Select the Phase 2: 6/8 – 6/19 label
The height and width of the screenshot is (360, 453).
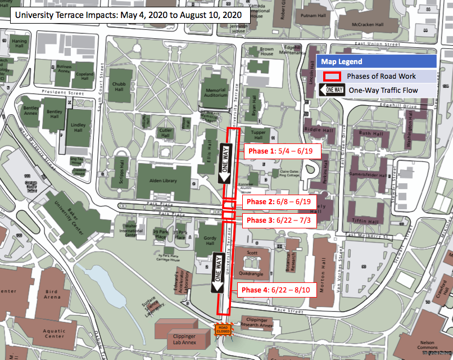click(279, 202)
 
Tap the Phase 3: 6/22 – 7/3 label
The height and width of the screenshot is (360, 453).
click(278, 220)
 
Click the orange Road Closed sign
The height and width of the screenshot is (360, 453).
click(223, 330)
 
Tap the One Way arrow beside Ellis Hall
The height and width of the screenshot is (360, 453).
click(225, 163)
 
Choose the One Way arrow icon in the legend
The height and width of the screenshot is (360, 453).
click(332, 90)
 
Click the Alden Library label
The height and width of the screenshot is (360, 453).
click(162, 181)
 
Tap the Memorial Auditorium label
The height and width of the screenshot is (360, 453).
click(215, 93)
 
